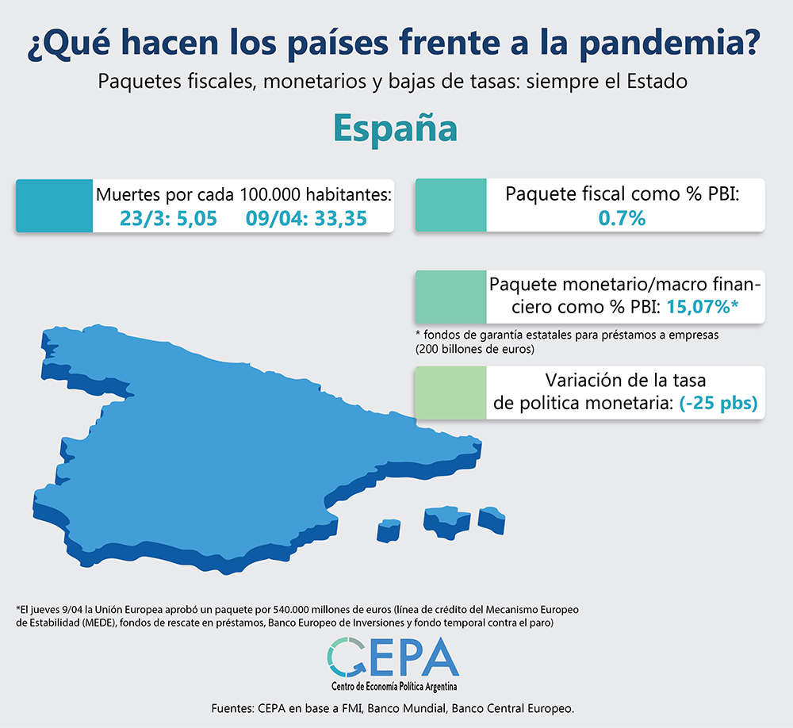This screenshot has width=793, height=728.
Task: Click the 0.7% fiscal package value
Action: (623, 218)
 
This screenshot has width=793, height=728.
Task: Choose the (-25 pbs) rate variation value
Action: (718, 403)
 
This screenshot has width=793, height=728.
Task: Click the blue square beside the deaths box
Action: (54, 205)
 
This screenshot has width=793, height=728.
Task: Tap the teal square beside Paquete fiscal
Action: (450, 205)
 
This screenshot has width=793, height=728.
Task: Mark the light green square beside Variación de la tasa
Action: (450, 392)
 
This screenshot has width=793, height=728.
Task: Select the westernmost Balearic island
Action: (389, 530)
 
